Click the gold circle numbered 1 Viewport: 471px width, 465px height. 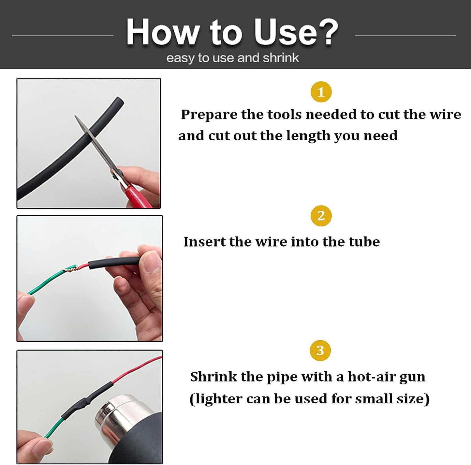pyautogui.click(x=321, y=92)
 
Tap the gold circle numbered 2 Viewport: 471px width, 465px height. pyautogui.click(x=321, y=216)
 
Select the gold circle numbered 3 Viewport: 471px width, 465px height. pyautogui.click(x=320, y=350)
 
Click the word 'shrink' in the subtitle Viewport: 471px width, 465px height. pyautogui.click(x=281, y=58)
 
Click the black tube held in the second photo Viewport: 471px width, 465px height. pyautogui.click(x=114, y=263)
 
